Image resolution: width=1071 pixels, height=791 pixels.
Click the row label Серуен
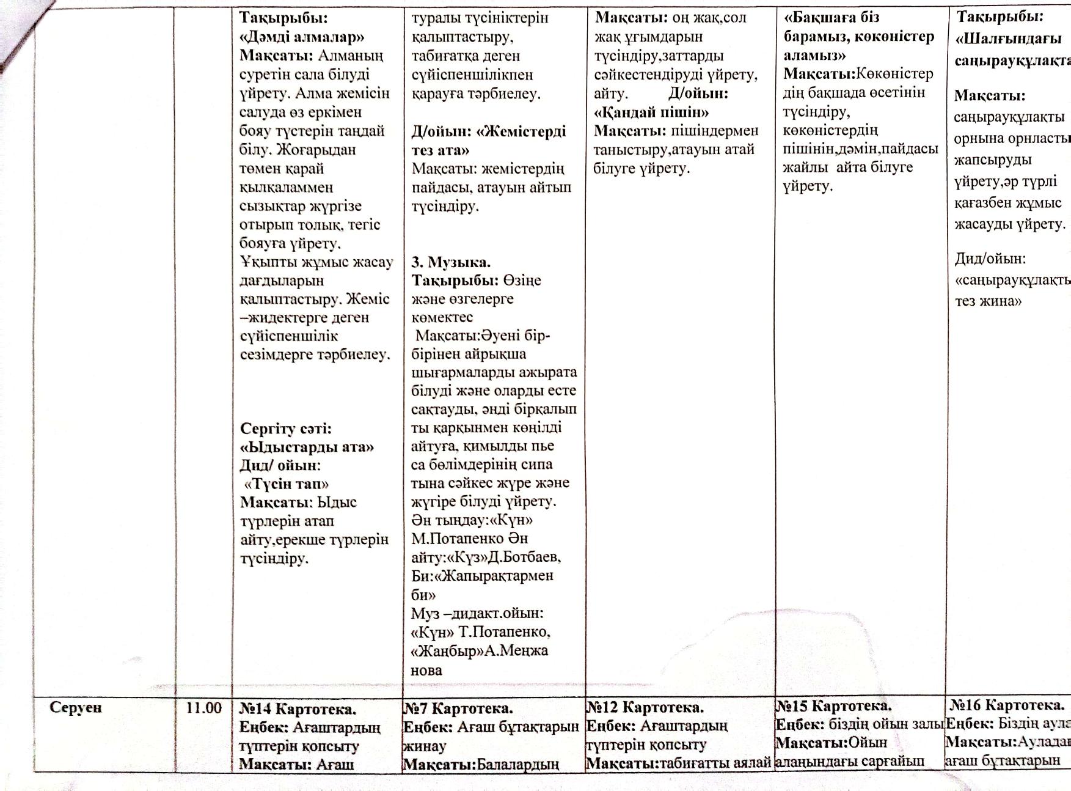76,707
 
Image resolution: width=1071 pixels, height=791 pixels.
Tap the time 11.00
203,708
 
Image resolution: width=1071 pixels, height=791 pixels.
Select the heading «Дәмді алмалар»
298,37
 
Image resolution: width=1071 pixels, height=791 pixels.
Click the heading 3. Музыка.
451,262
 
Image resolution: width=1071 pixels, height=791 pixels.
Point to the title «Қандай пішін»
651,112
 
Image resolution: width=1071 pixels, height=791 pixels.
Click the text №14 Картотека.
298,709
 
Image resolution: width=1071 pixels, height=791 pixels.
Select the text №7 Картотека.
458,708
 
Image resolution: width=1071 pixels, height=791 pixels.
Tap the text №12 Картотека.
645,708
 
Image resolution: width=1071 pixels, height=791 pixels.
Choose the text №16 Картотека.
1007,705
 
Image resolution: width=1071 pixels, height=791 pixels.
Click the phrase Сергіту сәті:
286,428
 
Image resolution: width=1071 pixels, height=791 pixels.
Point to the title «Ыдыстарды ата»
307,447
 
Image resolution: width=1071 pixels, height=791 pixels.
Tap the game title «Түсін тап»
287,484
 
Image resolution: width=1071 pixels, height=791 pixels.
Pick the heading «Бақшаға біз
832,17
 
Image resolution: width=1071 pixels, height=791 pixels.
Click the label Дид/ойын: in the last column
990,259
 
